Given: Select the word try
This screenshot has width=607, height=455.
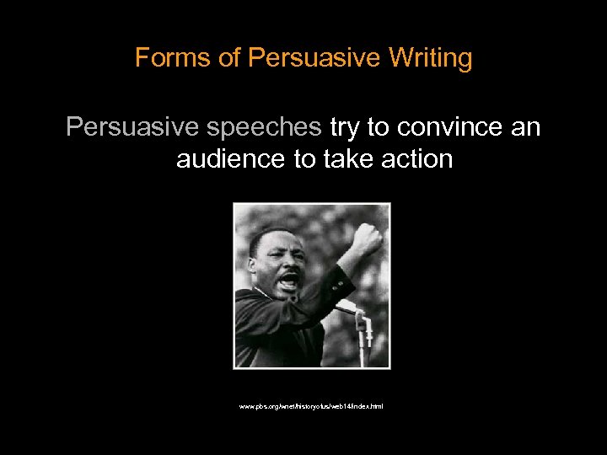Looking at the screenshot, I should pyautogui.click(x=343, y=127).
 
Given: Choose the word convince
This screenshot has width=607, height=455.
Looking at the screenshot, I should pyautogui.click(x=451, y=127).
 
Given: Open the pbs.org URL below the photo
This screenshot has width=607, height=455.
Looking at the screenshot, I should pyautogui.click(x=311, y=406).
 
